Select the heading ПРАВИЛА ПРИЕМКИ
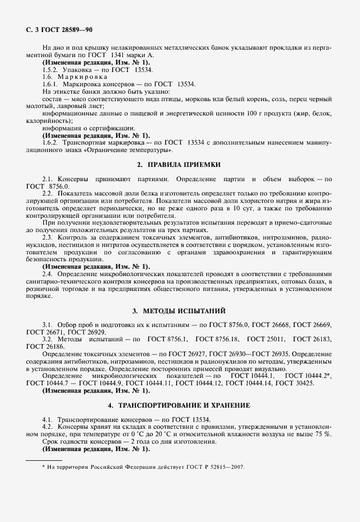pyautogui.click(x=179, y=165)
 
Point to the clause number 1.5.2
pyautogui.click(x=51, y=69)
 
